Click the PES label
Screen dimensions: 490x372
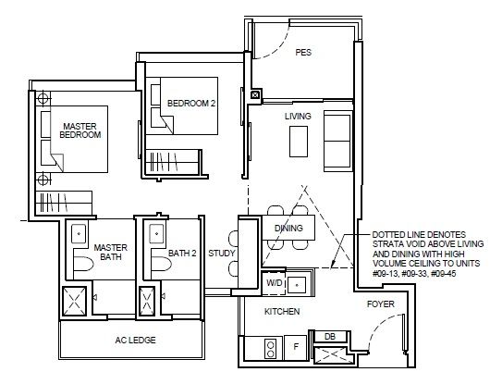point(303,52)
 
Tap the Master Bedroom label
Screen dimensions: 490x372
point(80,130)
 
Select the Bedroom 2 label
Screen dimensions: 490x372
point(191,104)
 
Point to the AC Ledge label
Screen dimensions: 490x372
point(135,340)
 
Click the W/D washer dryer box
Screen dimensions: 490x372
point(274,283)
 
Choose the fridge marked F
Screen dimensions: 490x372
point(296,347)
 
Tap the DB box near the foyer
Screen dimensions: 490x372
point(330,337)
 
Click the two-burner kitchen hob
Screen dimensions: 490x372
point(271,349)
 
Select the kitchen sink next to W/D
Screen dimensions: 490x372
point(296,285)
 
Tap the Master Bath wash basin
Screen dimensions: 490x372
point(79,234)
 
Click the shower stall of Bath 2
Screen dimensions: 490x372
point(147,302)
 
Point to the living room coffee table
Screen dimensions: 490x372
point(299,142)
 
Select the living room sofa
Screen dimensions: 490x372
point(337,141)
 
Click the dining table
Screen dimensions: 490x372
point(288,228)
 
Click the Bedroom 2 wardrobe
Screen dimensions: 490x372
point(172,161)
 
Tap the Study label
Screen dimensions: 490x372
point(222,254)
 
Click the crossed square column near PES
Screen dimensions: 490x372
point(255,94)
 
